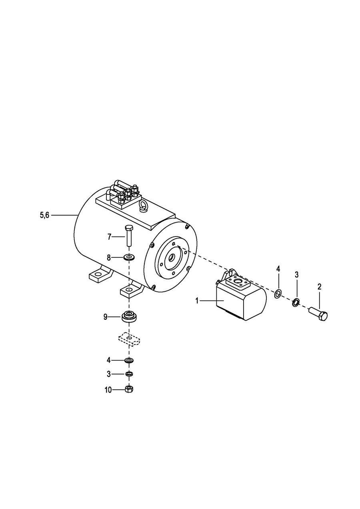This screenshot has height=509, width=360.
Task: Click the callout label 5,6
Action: point(45,215)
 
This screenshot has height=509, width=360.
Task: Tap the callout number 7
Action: point(109,237)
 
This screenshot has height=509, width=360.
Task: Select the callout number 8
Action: point(109,257)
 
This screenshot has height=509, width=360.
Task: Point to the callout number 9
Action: point(105,317)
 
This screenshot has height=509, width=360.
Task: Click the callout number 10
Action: point(108,390)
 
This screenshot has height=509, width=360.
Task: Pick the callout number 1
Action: point(197,301)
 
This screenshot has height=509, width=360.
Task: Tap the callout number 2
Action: point(319,287)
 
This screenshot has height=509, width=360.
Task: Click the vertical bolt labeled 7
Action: point(129,236)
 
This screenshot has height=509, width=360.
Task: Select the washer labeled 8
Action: point(129,258)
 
